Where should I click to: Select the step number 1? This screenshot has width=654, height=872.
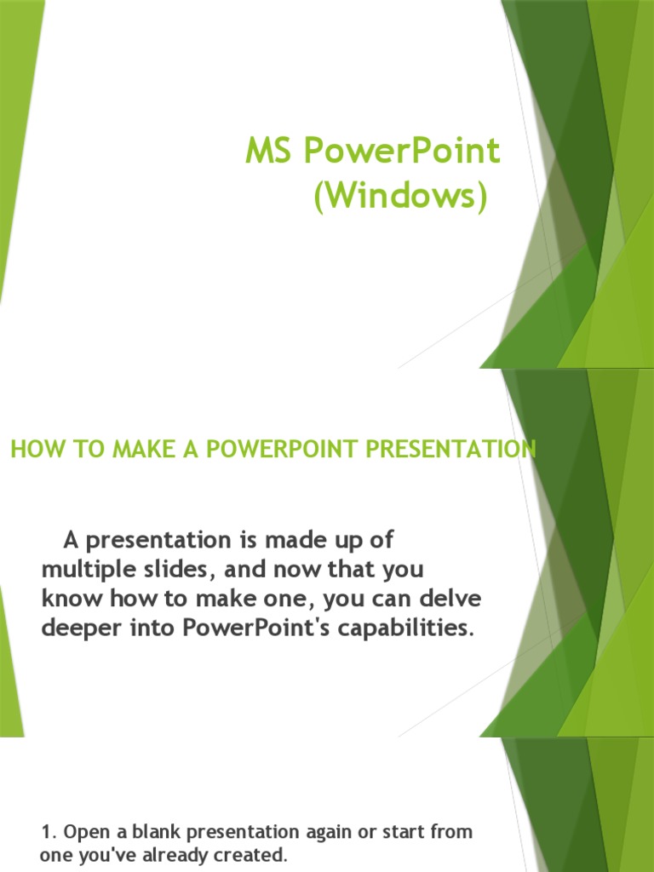point(46,831)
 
